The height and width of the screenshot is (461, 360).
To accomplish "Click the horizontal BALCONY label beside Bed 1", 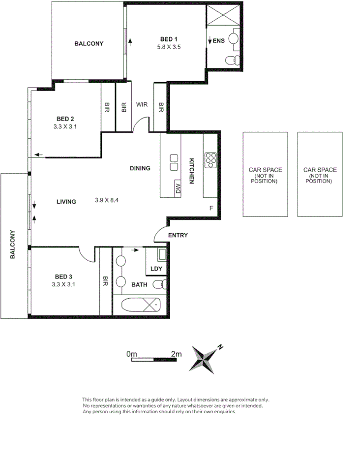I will click(x=89, y=43).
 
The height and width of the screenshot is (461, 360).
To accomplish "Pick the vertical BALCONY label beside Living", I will click(x=13, y=245).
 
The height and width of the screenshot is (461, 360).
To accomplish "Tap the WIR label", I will click(x=142, y=104).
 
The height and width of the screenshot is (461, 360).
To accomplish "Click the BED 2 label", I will click(x=65, y=119).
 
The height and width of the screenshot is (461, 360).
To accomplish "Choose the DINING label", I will click(x=140, y=168).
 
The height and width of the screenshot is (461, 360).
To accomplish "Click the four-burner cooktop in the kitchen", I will click(x=210, y=159).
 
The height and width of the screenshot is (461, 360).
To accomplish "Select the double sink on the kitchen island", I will click(x=174, y=162).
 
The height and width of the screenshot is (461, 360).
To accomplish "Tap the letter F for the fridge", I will click(x=211, y=208).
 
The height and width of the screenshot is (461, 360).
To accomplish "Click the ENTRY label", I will click(x=178, y=235).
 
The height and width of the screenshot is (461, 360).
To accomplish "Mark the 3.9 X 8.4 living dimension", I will click(x=107, y=201).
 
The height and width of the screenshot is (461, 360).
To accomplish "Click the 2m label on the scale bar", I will click(x=176, y=354).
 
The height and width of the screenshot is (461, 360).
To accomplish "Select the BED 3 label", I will click(x=65, y=276).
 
